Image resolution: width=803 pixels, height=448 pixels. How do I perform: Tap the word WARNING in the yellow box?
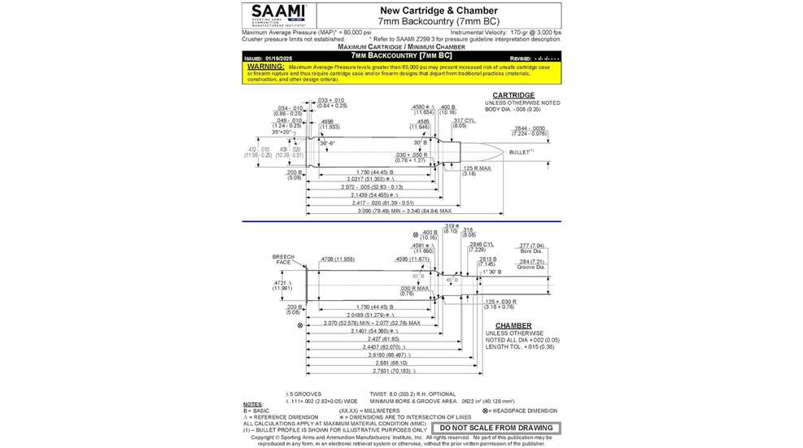tap(265, 66)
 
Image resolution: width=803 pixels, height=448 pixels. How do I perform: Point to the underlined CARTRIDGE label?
tap(513, 95)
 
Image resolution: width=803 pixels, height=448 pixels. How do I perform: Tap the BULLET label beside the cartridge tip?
tap(522, 152)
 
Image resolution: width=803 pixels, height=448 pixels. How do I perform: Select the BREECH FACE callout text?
tap(283, 259)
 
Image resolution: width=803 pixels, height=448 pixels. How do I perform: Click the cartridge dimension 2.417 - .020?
tap(376, 203)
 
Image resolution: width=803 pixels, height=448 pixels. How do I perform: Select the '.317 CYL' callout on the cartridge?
tap(465, 121)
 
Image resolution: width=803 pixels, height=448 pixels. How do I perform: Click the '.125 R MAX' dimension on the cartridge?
tap(478, 168)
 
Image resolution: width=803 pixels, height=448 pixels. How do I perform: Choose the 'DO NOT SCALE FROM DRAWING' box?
tap(496, 428)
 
